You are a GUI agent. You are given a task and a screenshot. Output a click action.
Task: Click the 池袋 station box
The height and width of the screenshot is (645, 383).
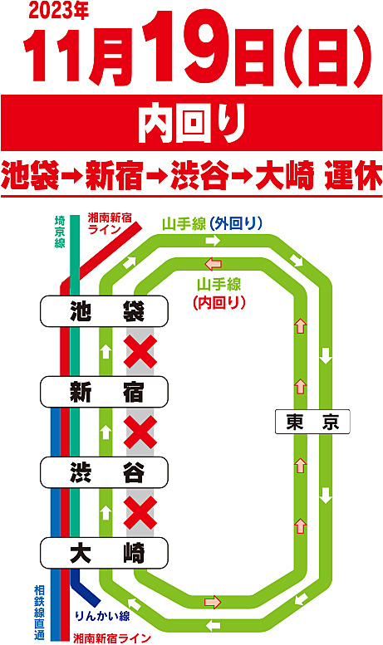tap(104, 311)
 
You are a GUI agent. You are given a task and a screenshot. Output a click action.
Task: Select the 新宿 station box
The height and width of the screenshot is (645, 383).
tap(104, 392)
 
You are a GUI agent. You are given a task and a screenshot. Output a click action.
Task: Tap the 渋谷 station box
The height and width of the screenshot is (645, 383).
tap(104, 472)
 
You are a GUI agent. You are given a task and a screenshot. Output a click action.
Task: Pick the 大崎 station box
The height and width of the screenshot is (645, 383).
tap(104, 553)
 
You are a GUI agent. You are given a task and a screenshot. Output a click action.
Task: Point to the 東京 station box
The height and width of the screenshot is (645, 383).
tap(312, 422)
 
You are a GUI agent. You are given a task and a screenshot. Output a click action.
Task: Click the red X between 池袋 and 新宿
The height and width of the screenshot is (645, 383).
tap(140, 351)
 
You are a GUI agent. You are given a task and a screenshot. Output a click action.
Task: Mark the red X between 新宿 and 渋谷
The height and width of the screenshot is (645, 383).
tap(140, 432)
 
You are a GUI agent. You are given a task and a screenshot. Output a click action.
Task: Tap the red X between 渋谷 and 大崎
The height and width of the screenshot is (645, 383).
tap(140, 512)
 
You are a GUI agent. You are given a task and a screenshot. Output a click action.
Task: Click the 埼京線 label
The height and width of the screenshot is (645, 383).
tap(60, 232)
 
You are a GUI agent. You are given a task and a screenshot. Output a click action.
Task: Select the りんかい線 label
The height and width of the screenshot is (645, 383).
tap(102, 616)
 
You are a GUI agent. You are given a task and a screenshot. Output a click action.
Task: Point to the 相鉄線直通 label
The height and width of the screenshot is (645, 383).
tap(39, 613)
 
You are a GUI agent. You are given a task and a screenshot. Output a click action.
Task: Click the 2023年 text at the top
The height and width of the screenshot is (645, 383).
tap(58, 12)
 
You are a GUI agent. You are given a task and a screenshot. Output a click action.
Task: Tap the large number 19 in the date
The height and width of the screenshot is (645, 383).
tap(188, 46)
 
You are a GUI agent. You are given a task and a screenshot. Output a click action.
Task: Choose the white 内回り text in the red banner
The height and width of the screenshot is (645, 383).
tap(191, 123)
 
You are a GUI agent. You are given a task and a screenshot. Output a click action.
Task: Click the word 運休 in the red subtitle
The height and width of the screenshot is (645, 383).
tap(353, 176)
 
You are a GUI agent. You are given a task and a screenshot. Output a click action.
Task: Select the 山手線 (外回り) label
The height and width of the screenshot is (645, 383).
tap(212, 224)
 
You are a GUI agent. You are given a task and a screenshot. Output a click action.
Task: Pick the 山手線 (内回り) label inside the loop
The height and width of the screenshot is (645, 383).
tap(219, 293)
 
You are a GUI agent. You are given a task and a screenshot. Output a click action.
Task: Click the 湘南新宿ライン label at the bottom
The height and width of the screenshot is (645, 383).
tap(111, 638)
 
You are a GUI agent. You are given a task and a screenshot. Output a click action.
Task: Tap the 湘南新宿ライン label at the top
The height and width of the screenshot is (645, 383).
tap(110, 223)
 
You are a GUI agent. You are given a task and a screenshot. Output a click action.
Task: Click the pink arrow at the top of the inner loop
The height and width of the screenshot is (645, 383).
tap(214, 263)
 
